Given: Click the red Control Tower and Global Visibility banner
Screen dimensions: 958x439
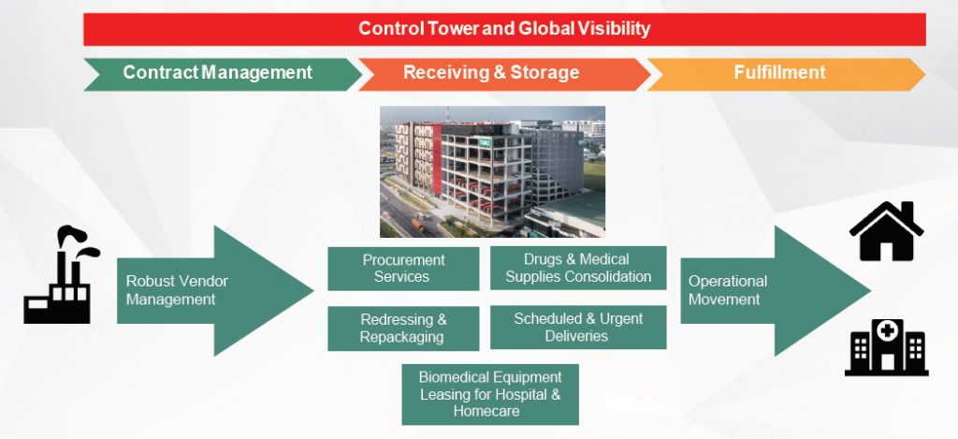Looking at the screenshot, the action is (x=504, y=29).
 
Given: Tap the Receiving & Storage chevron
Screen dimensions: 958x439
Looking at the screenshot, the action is (x=504, y=74).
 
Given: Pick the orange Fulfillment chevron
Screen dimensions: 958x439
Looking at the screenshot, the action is (x=786, y=74).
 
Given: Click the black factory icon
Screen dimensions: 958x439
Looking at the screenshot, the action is (x=61, y=275).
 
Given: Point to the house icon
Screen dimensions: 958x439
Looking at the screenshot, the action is (x=887, y=231).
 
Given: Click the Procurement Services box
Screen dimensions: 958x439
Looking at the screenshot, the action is (x=403, y=269).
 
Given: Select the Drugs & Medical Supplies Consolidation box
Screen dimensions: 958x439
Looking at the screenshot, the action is (x=578, y=268).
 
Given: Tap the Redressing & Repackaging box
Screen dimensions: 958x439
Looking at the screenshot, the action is (x=403, y=329).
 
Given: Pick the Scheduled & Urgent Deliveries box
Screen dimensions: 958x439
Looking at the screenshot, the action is (x=578, y=327).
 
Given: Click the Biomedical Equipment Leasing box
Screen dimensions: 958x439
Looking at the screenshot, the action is (x=490, y=394).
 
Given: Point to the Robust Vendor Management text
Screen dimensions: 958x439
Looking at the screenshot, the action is (x=177, y=290).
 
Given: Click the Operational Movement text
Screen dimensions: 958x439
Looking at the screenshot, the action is (x=728, y=290).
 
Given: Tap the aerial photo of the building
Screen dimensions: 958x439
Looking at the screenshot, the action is (x=492, y=172).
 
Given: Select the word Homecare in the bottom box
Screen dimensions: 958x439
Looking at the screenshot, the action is (x=486, y=411).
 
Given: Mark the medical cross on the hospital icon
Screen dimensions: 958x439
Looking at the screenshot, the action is (x=887, y=330).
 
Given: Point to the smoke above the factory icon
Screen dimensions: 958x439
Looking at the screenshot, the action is (x=79, y=240).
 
